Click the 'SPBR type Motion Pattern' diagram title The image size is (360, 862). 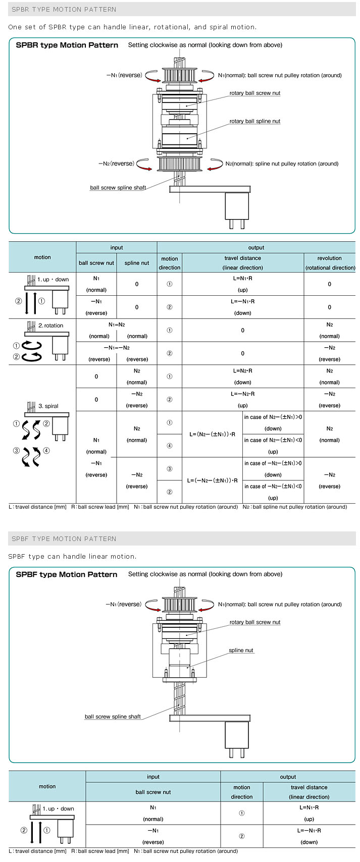point(67,45)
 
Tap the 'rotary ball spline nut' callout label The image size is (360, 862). point(254,121)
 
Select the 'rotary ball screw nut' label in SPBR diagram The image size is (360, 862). point(254,93)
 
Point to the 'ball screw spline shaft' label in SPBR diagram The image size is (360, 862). point(118,188)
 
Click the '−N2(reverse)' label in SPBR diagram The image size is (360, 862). point(116,164)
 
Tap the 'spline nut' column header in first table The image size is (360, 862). point(136,263)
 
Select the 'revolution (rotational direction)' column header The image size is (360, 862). point(329,262)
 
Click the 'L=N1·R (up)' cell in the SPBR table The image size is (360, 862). point(242,284)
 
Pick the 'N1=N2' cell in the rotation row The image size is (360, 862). point(116,325)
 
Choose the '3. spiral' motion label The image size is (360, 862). point(48,406)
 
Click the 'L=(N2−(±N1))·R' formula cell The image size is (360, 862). point(212,434)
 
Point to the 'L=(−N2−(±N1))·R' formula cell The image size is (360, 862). point(212,480)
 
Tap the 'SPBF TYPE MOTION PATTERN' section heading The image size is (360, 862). point(64,538)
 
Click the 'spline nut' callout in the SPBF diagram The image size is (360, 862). point(241,650)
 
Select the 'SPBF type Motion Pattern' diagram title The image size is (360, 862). point(67,574)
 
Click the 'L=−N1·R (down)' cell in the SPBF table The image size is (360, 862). point(308,835)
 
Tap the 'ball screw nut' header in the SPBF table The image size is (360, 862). point(153,792)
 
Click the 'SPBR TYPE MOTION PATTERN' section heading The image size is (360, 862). point(64,9)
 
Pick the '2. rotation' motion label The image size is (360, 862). point(50,326)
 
